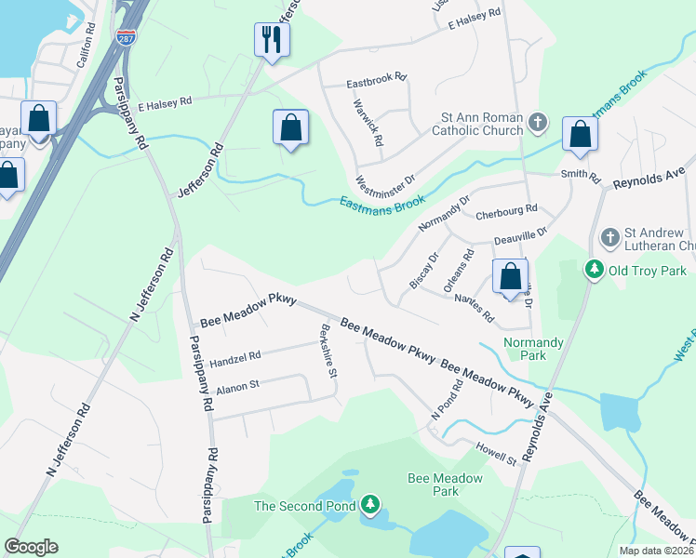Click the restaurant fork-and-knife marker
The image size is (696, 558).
(272, 39)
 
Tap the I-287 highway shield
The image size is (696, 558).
(127, 37)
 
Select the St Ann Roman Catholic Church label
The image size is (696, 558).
(482, 125)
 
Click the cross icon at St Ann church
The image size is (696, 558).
(538, 123)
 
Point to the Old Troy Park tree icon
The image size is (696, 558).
(594, 269)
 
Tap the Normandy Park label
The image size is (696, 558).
(533, 349)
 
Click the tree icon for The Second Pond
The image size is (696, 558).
(371, 505)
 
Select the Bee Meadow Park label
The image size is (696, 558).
(446, 485)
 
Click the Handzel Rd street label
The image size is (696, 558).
(235, 354)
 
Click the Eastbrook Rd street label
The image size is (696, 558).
(376, 81)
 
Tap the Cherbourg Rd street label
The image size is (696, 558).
(506, 212)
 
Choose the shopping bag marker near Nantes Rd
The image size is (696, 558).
(510, 277)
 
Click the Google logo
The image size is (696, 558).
(31, 547)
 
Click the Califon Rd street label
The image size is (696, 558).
(87, 42)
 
